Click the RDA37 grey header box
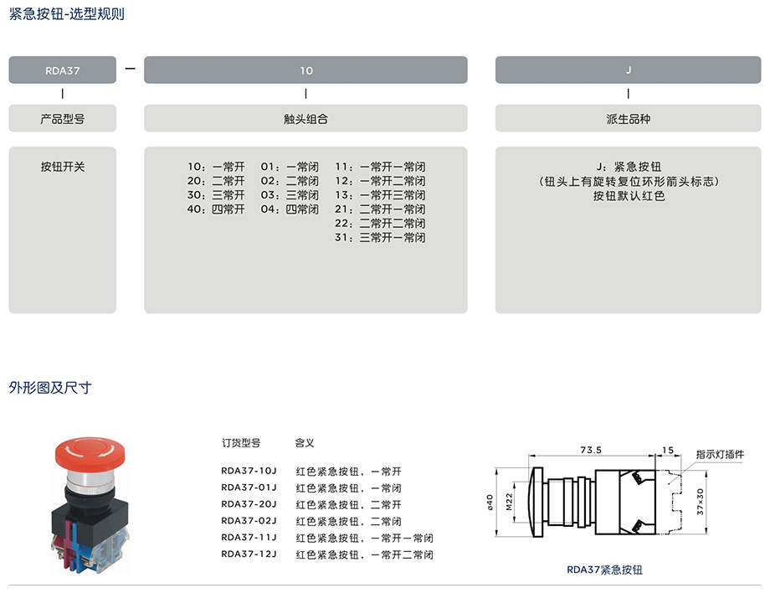tap(63, 70)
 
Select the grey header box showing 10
tap(305, 70)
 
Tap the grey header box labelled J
tap(628, 70)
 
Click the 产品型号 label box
tap(63, 119)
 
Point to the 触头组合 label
tap(305, 119)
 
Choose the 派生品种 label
tap(628, 119)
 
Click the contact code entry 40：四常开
tap(216, 209)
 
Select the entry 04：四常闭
tap(290, 209)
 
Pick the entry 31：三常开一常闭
tap(380, 238)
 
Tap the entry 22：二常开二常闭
tap(380, 224)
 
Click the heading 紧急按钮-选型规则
tap(66, 14)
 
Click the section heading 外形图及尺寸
tap(49, 388)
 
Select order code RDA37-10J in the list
tap(249, 471)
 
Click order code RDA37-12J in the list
tap(249, 554)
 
